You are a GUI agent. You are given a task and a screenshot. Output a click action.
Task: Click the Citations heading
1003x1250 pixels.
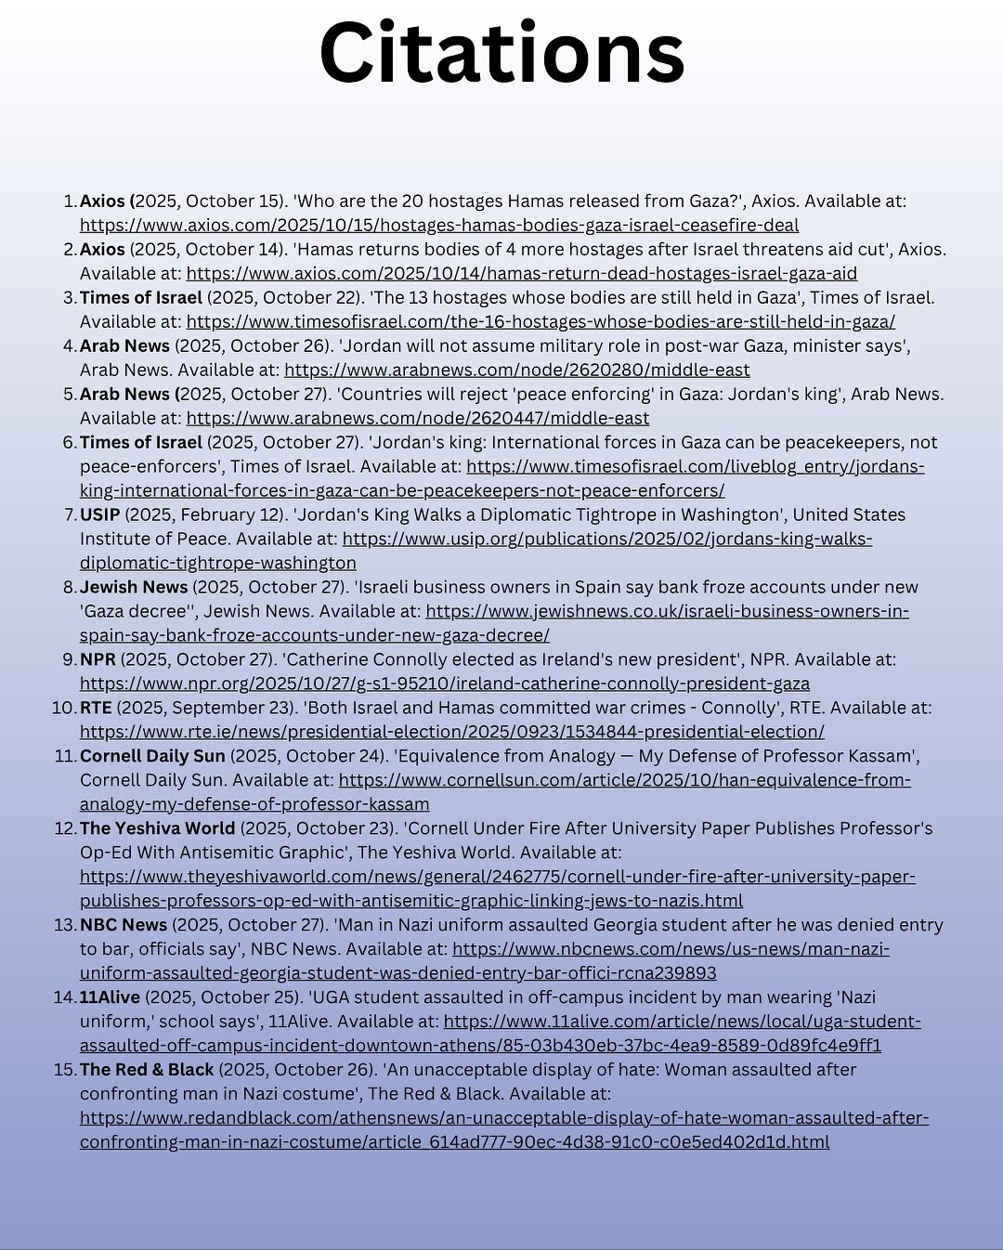pyautogui.click(x=501, y=53)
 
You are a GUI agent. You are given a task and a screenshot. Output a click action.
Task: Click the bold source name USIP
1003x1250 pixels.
pyautogui.click(x=99, y=514)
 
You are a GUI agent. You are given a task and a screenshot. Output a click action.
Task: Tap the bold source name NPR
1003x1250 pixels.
pyautogui.click(x=98, y=659)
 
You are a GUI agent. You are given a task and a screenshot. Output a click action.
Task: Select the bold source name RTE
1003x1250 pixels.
pyautogui.click(x=96, y=708)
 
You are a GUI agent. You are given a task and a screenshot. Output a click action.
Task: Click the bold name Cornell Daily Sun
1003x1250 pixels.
pyautogui.click(x=152, y=756)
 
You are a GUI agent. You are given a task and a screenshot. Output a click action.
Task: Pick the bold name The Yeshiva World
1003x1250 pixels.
pyautogui.click(x=157, y=828)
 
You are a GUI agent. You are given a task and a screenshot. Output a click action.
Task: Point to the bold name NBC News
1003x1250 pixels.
pyautogui.click(x=124, y=925)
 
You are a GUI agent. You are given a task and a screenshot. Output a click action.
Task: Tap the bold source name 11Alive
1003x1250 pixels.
pyautogui.click(x=110, y=997)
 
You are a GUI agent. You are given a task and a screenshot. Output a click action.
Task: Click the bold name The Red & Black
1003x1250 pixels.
pyautogui.click(x=147, y=1070)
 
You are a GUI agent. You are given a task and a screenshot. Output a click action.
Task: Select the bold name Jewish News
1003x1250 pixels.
pyautogui.click(x=134, y=587)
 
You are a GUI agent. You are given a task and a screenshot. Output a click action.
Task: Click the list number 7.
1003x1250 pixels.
pyautogui.click(x=69, y=514)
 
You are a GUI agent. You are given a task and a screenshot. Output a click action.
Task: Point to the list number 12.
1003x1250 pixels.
pyautogui.click(x=64, y=828)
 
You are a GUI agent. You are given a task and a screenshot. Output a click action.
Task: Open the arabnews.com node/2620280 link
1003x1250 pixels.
pyautogui.click(x=516, y=370)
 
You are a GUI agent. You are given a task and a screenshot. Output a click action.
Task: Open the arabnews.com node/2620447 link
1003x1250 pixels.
pyautogui.click(x=418, y=418)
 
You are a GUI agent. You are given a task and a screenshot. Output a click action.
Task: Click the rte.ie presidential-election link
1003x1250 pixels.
pyautogui.click(x=451, y=732)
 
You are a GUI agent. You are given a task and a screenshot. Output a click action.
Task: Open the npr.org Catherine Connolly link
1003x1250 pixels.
pyautogui.click(x=444, y=684)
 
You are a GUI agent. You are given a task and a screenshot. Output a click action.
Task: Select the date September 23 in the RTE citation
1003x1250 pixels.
pyautogui.click(x=213, y=708)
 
